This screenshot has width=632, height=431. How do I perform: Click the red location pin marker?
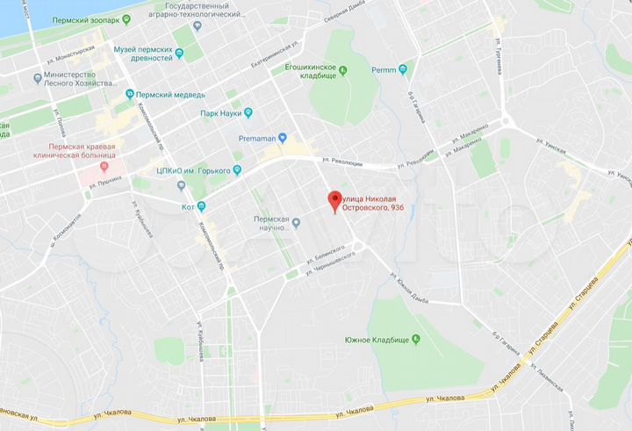[334, 199]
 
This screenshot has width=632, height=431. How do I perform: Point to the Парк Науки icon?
[248, 112]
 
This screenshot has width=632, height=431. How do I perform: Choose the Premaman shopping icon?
[283, 138]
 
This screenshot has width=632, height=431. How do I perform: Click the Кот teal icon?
[201, 207]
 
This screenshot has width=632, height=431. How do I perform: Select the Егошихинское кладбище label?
[307, 71]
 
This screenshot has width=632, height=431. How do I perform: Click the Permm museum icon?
[403, 68]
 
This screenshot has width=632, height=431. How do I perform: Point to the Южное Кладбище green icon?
[417, 340]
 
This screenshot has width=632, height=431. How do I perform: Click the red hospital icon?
[104, 164]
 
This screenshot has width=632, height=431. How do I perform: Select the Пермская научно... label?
[271, 223]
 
